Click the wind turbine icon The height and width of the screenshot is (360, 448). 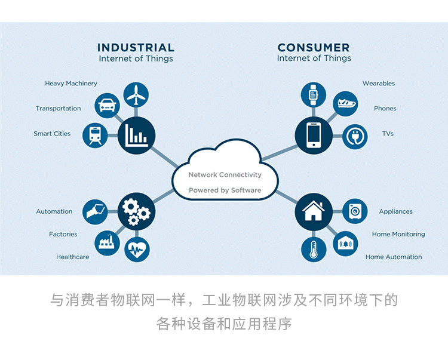coord(136,95)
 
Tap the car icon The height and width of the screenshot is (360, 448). coord(107,106)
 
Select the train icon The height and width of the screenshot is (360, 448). coord(94,134)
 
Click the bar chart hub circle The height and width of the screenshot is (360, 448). coord(136,134)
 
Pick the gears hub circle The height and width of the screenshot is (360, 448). coord(136,211)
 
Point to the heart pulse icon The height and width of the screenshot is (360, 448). coord(137,249)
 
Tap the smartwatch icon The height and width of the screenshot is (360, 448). coord(313,94)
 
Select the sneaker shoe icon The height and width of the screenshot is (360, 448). coord(345,104)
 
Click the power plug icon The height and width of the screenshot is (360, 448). coord(355,136)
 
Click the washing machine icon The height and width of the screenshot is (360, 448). coord(355,211)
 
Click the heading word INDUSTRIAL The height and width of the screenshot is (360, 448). coord(136,47)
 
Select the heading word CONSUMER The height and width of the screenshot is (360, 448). coord(314,47)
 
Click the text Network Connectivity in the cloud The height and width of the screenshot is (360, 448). coord(225,175)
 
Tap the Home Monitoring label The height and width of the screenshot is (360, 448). coord(398,235)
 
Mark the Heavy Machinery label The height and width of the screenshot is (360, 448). coord(71,84)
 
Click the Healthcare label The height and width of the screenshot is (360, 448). coord(72,257)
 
